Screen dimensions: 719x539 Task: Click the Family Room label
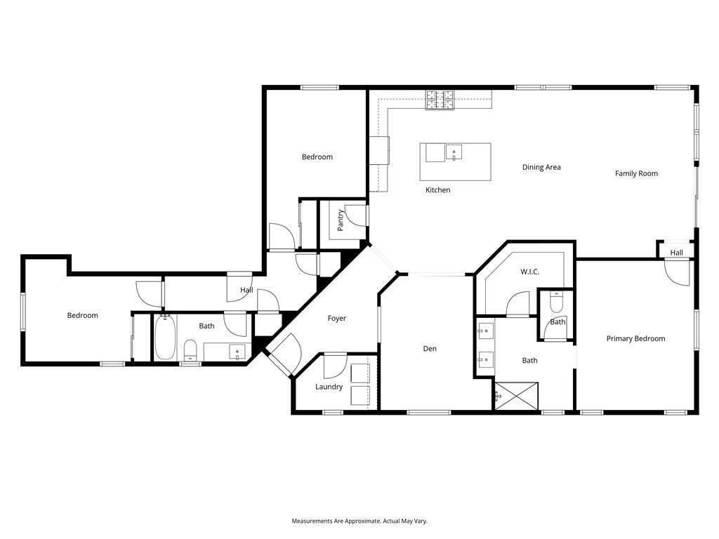click(x=636, y=173)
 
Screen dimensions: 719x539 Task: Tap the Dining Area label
click(x=541, y=167)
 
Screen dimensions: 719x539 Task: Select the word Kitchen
click(x=437, y=189)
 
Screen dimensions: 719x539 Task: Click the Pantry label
click(x=341, y=220)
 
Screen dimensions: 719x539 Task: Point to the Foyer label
click(x=336, y=318)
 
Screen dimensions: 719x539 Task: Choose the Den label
click(x=430, y=349)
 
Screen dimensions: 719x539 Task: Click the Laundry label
click(x=329, y=387)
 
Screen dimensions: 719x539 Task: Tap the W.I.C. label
click(x=529, y=272)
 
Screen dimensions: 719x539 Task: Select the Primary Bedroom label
click(x=635, y=339)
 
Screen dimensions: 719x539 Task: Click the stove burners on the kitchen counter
click(x=440, y=100)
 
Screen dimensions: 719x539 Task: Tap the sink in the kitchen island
click(x=454, y=152)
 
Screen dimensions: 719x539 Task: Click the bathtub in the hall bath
click(x=164, y=338)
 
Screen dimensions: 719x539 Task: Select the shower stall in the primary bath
click(x=516, y=396)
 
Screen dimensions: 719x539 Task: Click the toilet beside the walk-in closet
click(x=556, y=302)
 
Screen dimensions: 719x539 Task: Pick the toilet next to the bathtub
click(x=190, y=351)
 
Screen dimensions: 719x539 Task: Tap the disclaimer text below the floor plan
click(x=359, y=521)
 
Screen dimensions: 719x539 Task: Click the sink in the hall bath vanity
click(x=237, y=352)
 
